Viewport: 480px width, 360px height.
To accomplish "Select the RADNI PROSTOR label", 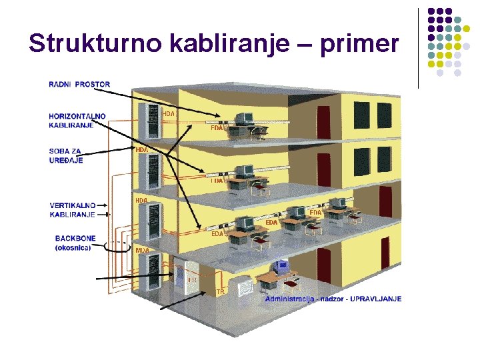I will pyautogui.click(x=79, y=85).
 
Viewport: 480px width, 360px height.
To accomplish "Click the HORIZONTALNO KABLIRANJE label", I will pyautogui.click(x=77, y=121).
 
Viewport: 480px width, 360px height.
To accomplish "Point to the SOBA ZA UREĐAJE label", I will pyautogui.click(x=67, y=155).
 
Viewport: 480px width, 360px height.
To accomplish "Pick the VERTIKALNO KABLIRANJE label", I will pyautogui.click(x=73, y=209).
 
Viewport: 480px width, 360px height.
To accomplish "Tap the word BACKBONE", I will pyautogui.click(x=75, y=238).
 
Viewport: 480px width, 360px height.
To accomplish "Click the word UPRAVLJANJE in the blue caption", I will pyautogui.click(x=377, y=299).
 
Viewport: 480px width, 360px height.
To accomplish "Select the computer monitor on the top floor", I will pyautogui.click(x=243, y=119).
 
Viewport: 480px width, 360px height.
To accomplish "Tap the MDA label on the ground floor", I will pyautogui.click(x=142, y=250).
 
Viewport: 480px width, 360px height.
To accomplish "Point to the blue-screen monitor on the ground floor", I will pyautogui.click(x=281, y=266).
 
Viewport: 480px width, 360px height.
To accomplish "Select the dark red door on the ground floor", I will pyautogui.click(x=324, y=265).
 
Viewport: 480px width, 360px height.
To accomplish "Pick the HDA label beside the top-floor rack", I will pyautogui.click(x=169, y=114).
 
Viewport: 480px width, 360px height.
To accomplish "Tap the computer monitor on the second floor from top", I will pyautogui.click(x=243, y=171).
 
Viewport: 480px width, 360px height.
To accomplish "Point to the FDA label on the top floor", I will pyautogui.click(x=217, y=128).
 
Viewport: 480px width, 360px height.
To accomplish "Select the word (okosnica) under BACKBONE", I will pyautogui.click(x=73, y=247).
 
